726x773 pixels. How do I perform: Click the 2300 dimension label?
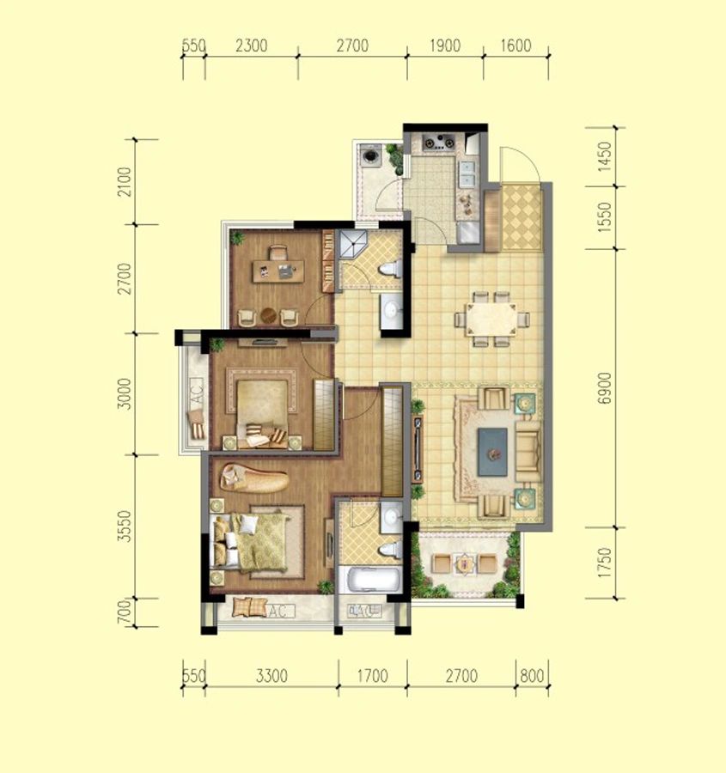tap(252, 46)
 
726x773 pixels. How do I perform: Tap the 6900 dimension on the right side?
tap(604, 388)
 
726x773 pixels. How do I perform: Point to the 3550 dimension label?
tap(125, 526)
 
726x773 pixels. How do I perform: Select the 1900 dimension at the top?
tap(445, 46)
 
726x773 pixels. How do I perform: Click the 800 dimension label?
tap(532, 675)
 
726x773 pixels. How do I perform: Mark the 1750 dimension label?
tap(604, 563)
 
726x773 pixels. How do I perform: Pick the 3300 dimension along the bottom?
tap(271, 675)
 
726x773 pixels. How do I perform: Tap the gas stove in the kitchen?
tap(439, 142)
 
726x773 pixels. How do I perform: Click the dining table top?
tap(491, 319)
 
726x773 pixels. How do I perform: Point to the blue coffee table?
tap(492, 452)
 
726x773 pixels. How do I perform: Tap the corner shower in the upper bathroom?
tap(352, 245)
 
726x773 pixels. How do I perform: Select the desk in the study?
tap(278, 271)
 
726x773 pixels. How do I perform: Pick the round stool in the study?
tap(269, 315)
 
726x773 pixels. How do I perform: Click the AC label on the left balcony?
tap(197, 392)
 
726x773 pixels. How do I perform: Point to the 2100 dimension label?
tap(125, 182)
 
